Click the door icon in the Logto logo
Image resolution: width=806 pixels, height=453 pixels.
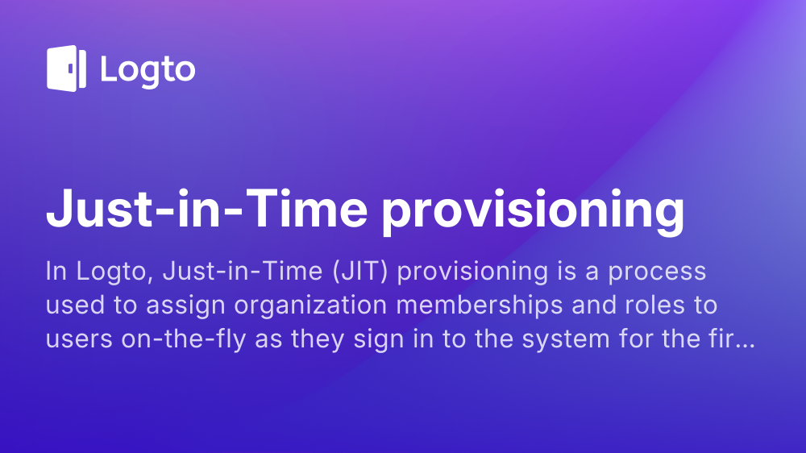coord(66,69)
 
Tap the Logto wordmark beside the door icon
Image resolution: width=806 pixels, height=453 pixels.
coord(148,70)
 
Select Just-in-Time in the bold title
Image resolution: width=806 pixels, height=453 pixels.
coord(206,208)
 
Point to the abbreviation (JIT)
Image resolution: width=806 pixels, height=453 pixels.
coord(359,271)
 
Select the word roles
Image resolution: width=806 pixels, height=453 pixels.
coord(654,305)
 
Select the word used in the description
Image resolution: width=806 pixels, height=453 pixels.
coord(75,305)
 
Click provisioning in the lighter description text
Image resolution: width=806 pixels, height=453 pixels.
coord(472,272)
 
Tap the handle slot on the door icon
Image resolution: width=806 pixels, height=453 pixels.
coord(70,69)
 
